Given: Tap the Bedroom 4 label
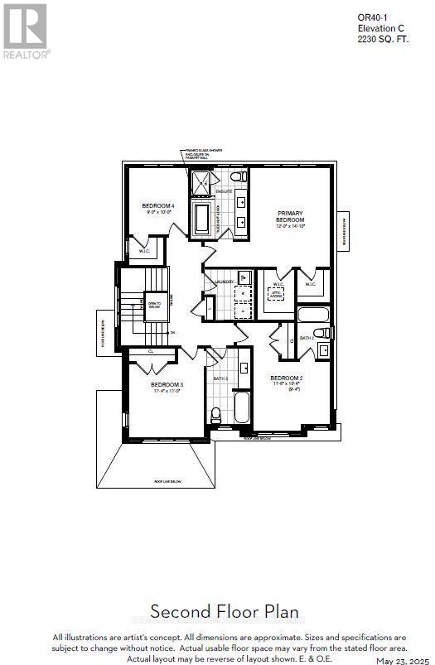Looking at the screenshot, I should click(x=157, y=206).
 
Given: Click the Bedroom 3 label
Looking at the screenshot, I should click(x=167, y=385).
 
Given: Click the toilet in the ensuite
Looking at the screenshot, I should click(x=236, y=177).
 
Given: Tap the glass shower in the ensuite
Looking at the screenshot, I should click(x=201, y=183).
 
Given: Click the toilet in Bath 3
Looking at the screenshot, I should click(x=216, y=413).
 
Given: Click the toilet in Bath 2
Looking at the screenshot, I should click(x=326, y=333).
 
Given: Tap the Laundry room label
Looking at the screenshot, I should click(x=224, y=282).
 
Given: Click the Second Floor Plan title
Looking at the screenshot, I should click(x=217, y=612).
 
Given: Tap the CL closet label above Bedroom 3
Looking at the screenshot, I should click(x=151, y=350).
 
